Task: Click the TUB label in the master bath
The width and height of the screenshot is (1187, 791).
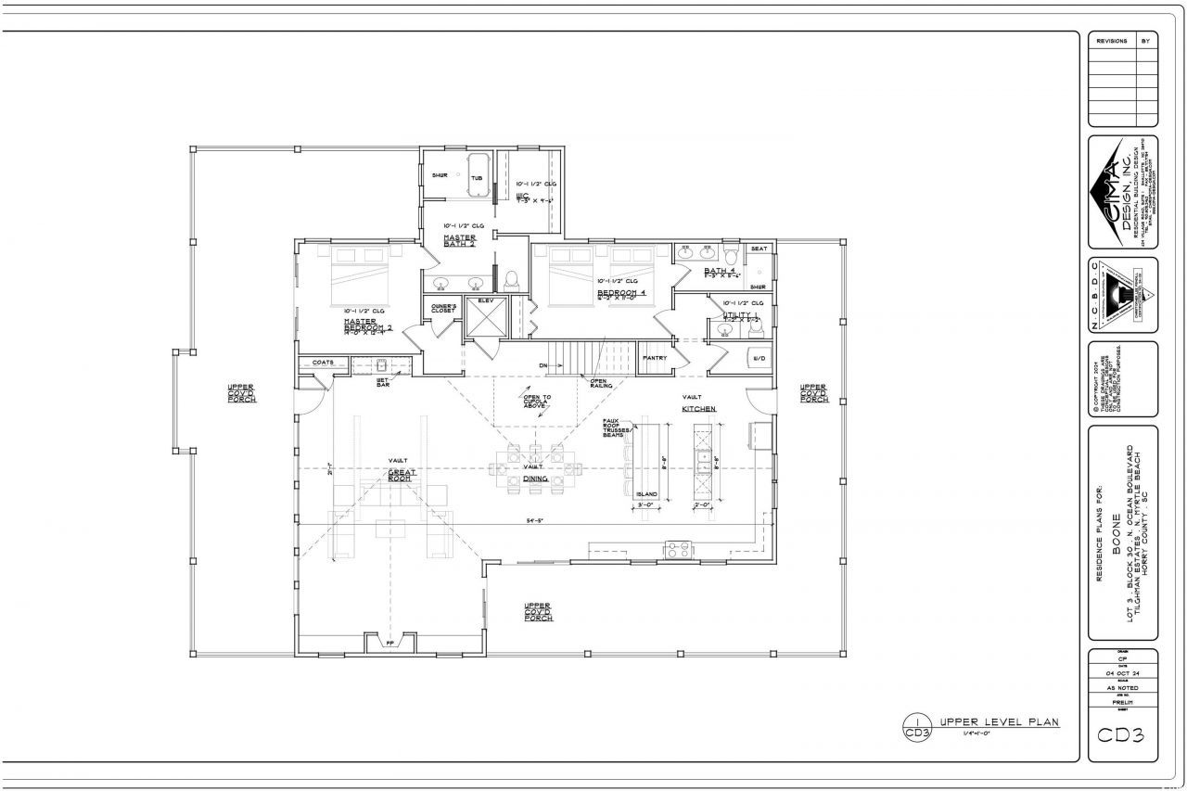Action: [x=476, y=178]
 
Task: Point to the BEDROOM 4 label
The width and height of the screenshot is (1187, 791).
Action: [x=622, y=292]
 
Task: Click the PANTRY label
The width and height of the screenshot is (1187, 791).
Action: [x=655, y=357]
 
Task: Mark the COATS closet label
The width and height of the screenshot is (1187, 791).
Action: [x=323, y=363]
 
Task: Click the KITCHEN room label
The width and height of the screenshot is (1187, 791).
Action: [x=699, y=408]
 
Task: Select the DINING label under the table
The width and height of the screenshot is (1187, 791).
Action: [x=535, y=478]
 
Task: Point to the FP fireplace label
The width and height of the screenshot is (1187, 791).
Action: [x=389, y=641]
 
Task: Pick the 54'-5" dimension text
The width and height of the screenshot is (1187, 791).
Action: [x=535, y=521]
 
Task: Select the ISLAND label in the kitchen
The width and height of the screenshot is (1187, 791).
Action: [x=646, y=494]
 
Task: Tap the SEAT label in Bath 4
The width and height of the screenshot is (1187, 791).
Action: [x=759, y=249]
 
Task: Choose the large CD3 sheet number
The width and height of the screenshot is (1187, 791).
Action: [x=1122, y=736]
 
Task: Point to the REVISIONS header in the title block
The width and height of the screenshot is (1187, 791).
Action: [x=1111, y=42]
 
